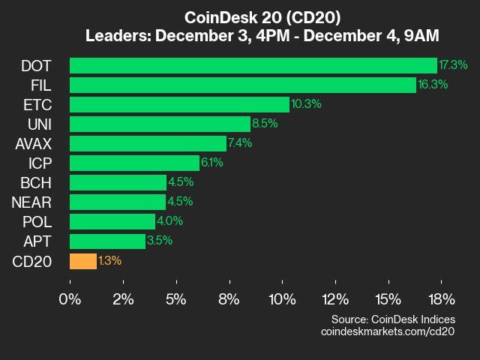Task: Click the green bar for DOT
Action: click(253, 65)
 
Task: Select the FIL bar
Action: click(242, 85)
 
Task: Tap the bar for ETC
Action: click(179, 104)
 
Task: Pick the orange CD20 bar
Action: click(83, 261)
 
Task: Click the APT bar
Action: click(107, 241)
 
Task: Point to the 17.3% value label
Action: click(453, 65)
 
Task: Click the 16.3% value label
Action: click(433, 85)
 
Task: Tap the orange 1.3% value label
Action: click(109, 261)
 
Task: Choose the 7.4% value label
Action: click(240, 143)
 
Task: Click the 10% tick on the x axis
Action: click(282, 300)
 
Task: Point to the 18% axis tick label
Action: click(441, 300)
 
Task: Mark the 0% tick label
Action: click(70, 300)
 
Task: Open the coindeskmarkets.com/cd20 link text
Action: click(387, 331)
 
